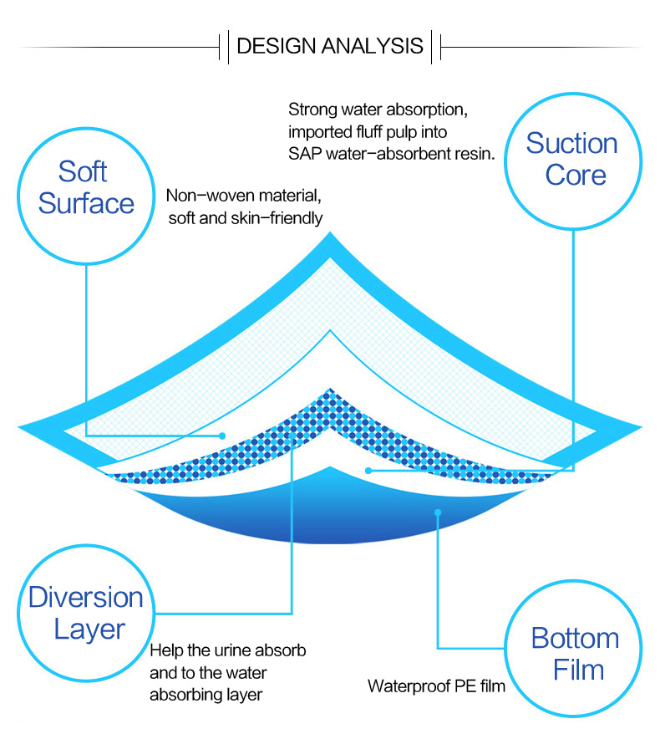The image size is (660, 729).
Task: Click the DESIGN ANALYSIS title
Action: tap(330, 45)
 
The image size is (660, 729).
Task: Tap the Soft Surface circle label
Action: tap(86, 187)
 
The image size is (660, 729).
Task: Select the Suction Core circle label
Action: tap(572, 159)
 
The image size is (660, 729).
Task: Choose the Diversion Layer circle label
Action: tap(86, 613)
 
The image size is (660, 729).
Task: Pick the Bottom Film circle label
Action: tap(575, 654)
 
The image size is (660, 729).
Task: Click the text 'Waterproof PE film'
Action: tap(436, 687)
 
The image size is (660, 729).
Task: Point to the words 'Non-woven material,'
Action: tap(243, 196)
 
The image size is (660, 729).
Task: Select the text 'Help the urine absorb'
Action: tap(228, 650)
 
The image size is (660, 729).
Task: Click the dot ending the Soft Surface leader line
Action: tap(222, 436)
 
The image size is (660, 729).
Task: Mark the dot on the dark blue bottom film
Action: tap(436, 512)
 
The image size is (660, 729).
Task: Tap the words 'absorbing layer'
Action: tap(206, 694)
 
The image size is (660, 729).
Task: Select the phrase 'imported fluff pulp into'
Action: tap(368, 132)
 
